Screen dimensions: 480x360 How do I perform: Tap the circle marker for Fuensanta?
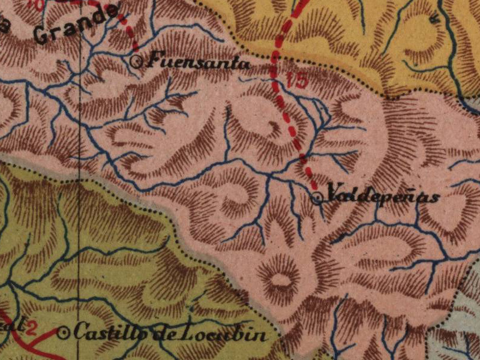coord(136,60)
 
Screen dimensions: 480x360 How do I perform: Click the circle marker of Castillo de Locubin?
coord(65,332)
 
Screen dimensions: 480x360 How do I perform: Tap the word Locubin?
coord(230,334)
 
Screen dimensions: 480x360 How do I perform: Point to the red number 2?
coord(32,328)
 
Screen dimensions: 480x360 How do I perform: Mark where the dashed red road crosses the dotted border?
coord(275,56)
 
